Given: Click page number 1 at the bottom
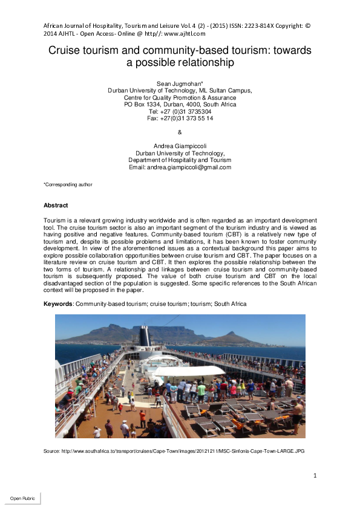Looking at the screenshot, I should click(315, 476).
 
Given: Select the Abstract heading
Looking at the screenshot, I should click(56, 206).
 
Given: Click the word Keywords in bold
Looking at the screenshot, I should click(58, 303).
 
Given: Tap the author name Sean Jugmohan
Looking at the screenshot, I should click(179, 83).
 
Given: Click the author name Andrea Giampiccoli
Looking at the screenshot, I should click(180, 146).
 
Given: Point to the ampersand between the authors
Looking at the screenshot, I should click(180, 132).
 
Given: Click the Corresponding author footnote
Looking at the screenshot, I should click(68, 184).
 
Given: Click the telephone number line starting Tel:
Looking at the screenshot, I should click(180, 111).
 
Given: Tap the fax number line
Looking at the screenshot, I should click(180, 118).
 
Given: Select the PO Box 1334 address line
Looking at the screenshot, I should click(180, 104).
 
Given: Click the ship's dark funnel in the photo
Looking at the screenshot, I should click(144, 336).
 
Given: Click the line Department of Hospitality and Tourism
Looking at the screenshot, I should click(180, 160).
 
